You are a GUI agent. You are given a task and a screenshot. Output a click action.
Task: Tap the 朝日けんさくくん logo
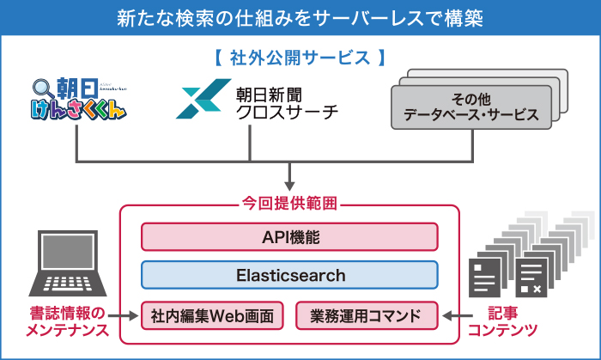click(77, 100)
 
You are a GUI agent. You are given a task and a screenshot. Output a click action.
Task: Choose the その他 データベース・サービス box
click(470, 107)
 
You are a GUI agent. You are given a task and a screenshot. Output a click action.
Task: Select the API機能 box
click(289, 237)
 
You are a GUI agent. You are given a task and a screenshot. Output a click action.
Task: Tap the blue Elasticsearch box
click(289, 276)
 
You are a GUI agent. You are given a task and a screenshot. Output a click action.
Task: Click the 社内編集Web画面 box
click(211, 315)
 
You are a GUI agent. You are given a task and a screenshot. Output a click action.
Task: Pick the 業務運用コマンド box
click(367, 315)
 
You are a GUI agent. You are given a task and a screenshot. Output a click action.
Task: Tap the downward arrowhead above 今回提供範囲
click(289, 182)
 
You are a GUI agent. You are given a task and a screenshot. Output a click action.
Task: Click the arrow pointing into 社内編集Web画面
click(128, 315)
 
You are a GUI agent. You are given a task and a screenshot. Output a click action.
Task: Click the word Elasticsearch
click(289, 276)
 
